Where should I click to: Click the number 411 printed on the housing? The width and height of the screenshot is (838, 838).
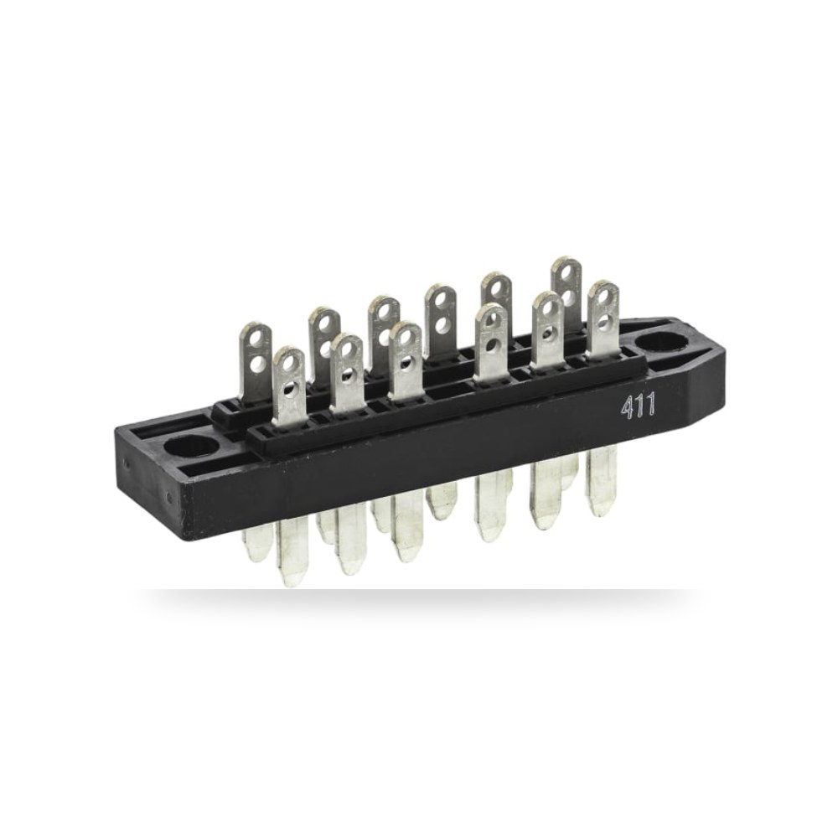pos(638,408)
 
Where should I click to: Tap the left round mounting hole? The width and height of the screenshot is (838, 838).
pos(191,445)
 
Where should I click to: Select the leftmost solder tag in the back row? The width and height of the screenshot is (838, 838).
pos(254,364)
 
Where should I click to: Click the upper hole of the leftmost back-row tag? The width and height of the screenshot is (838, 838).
pos(253,339)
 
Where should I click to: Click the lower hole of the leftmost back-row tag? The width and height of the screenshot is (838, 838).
pos(258,364)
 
